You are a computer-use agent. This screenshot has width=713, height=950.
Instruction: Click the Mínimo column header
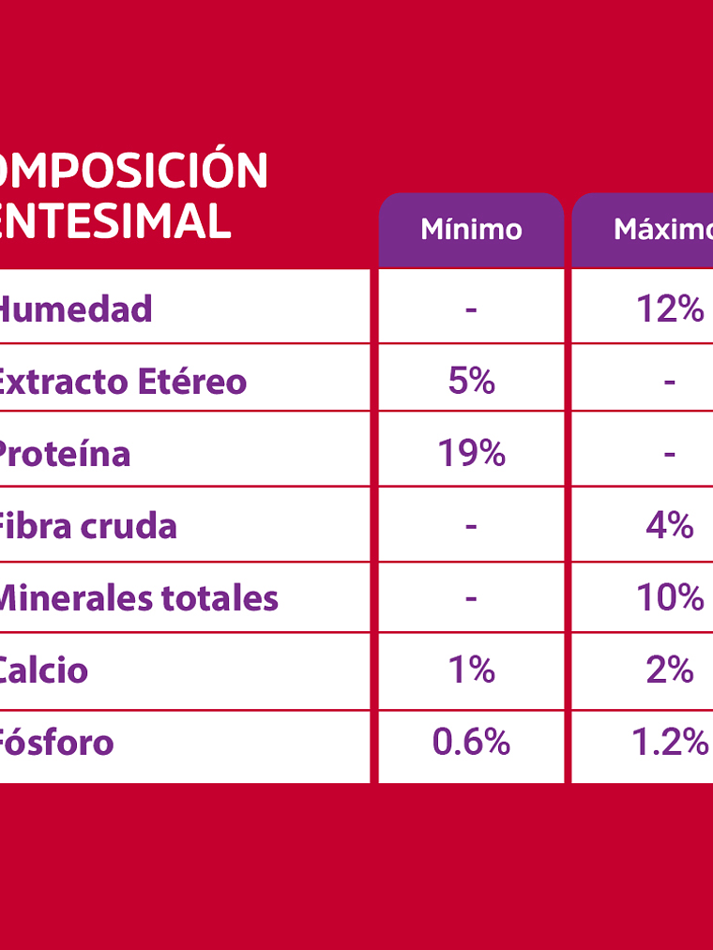coord(471,230)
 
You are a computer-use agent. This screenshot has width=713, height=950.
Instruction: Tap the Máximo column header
coord(662,230)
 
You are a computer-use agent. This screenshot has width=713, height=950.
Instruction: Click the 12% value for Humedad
coord(670,309)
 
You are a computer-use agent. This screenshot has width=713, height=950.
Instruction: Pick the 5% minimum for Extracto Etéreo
coord(471,381)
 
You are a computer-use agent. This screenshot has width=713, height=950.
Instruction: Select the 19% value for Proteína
coord(471,454)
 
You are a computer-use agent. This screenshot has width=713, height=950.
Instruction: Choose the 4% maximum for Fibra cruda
coord(670,526)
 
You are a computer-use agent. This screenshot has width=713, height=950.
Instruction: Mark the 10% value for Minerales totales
coord(670,598)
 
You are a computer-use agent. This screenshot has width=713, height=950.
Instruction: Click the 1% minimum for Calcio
coord(471,670)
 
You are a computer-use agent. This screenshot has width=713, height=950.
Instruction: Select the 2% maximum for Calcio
coord(670,670)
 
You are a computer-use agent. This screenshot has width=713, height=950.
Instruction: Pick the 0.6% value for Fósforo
coord(471,743)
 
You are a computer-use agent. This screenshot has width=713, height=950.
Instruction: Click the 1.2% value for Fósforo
coord(670,743)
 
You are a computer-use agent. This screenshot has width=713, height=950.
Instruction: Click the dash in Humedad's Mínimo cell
coord(471,309)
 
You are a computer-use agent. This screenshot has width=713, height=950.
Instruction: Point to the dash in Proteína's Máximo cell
coord(669,455)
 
